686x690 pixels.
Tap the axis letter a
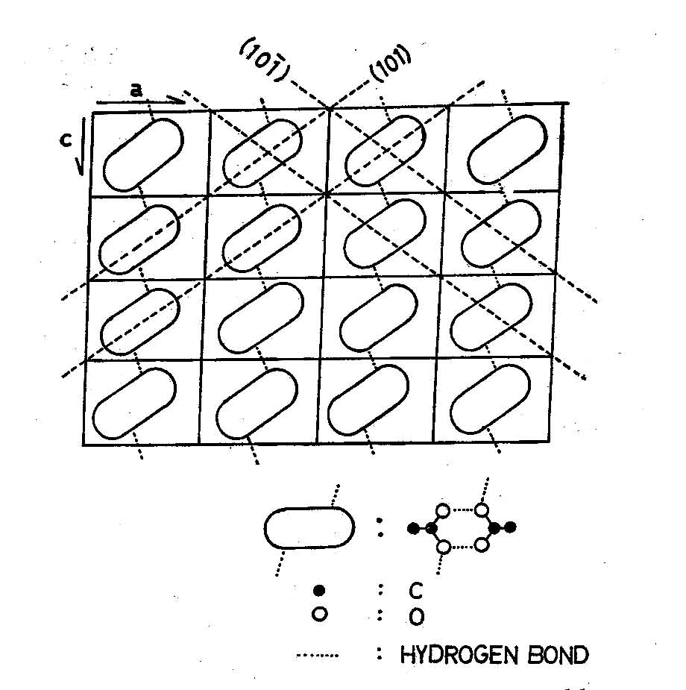click(135, 90)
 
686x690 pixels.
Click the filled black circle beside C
click(320, 591)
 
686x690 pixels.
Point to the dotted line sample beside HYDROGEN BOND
click(318, 656)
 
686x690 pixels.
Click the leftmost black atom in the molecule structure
click(412, 529)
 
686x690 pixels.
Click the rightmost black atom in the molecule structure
click(511, 528)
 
